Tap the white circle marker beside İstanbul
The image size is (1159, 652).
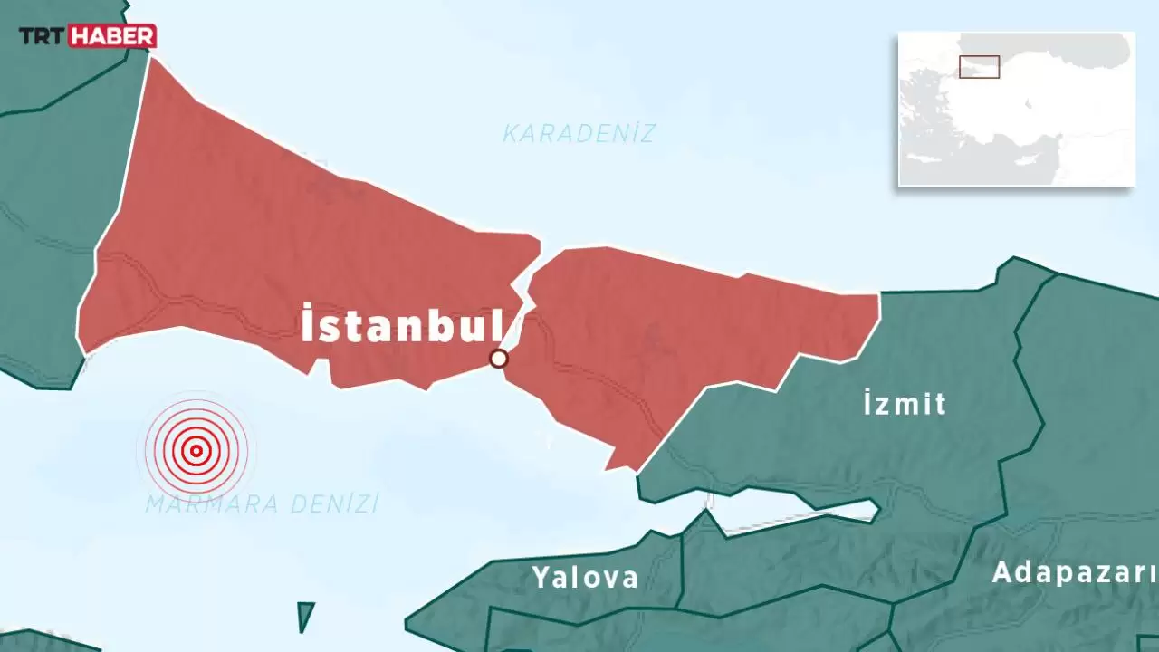(498, 359)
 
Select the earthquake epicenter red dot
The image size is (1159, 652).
(196, 450)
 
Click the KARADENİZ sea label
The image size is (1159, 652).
(579, 134)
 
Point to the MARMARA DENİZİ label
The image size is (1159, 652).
(263, 504)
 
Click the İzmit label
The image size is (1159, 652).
(905, 403)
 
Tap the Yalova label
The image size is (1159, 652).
(585, 577)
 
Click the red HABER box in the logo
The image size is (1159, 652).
(112, 36)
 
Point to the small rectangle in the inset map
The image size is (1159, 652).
(979, 67)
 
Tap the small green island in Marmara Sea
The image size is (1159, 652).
(306, 616)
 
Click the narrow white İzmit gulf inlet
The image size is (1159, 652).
(797, 509)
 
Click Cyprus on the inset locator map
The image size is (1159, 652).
(1031, 157)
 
